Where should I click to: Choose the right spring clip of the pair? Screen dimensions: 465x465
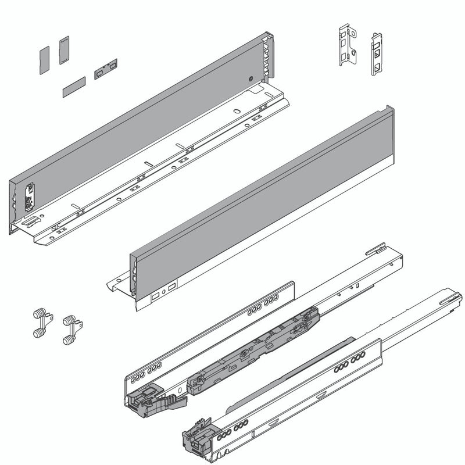coord(71,329)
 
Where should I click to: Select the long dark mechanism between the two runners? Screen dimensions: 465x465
coord(256,349)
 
